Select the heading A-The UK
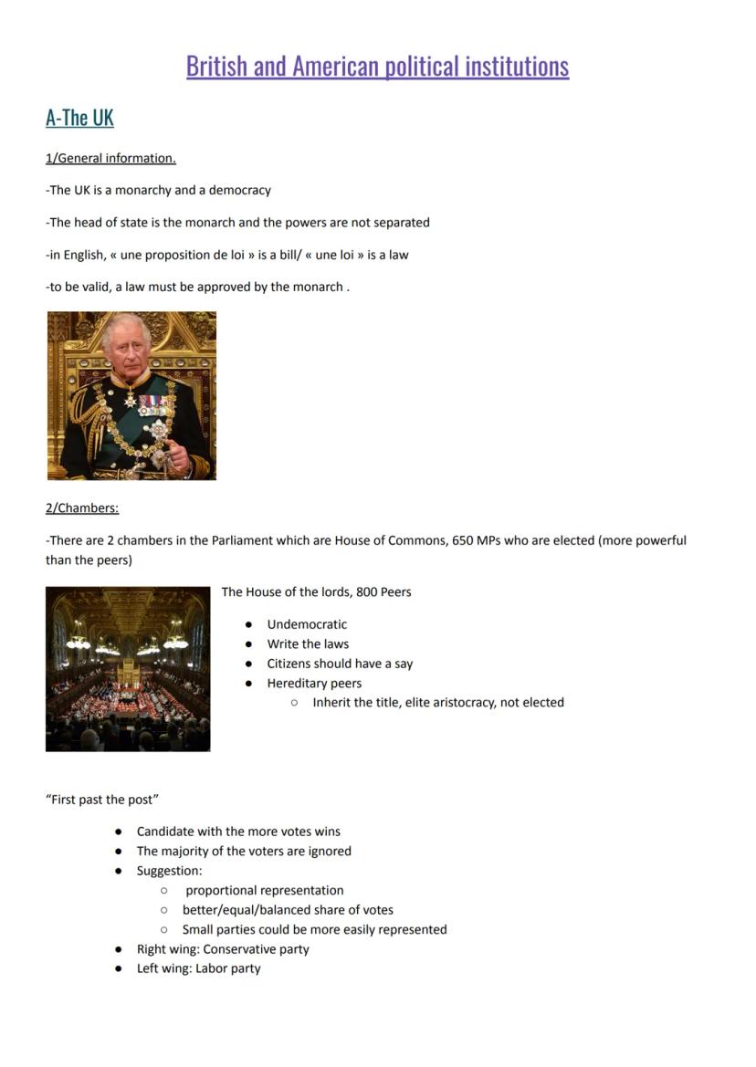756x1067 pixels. (79, 118)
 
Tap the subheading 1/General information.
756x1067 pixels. (110, 159)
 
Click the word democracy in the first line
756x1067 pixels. (240, 191)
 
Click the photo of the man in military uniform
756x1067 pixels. (131, 395)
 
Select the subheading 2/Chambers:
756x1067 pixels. (82, 508)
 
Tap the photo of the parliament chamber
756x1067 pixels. (128, 669)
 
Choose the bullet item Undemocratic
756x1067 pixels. (307, 624)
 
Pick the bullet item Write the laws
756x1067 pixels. (308, 644)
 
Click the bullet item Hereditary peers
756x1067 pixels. (314, 684)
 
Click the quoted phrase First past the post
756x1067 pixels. (102, 800)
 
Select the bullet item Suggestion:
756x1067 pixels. (169, 871)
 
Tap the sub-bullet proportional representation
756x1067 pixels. (265, 891)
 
